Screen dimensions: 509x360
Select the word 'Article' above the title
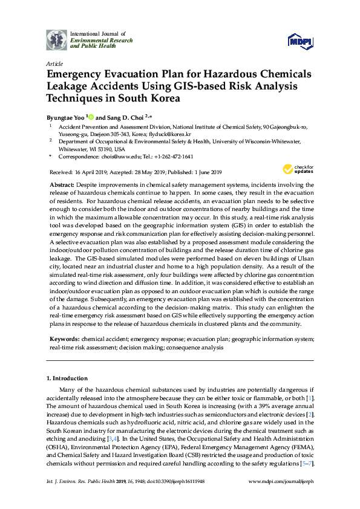click(x=54, y=63)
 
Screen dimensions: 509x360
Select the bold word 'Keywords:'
click(x=64, y=340)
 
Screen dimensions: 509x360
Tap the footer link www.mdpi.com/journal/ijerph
click(x=281, y=498)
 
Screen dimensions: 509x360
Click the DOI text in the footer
click(x=175, y=498)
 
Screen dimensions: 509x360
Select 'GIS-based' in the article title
click(x=187, y=86)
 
